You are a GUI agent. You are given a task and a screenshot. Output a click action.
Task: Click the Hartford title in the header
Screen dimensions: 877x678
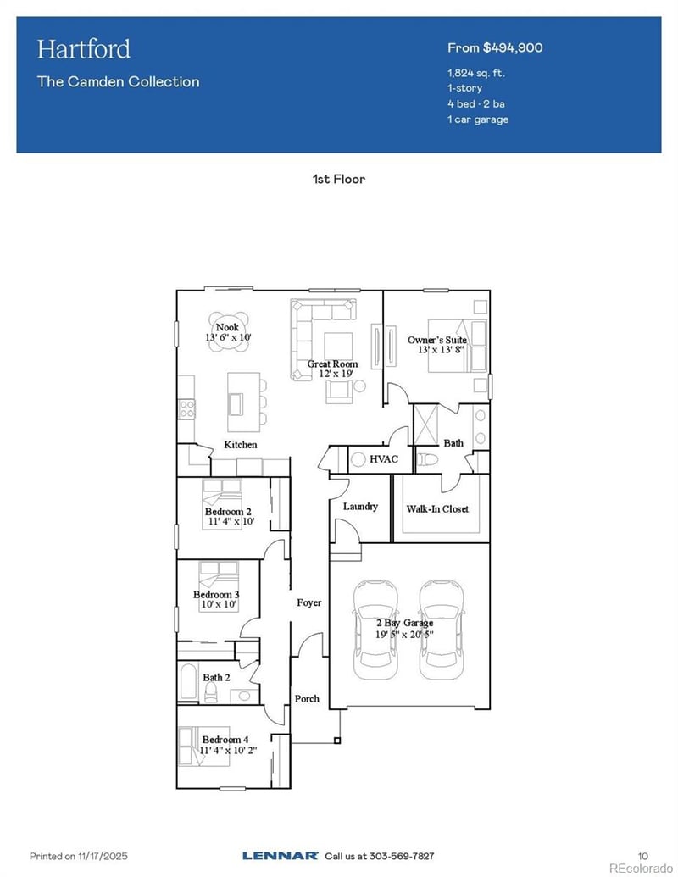[83, 48]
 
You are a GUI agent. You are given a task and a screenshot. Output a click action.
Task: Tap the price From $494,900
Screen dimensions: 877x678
[495, 47]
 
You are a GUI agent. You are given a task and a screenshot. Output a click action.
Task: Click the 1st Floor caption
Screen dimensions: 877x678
[338, 180]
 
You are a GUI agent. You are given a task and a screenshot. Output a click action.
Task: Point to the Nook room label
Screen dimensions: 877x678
[227, 327]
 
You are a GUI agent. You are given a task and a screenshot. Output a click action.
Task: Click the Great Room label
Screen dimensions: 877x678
[332, 364]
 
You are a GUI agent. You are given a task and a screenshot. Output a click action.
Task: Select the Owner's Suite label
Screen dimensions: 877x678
[436, 340]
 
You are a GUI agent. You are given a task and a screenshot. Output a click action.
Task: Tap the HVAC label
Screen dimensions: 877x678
[383, 458]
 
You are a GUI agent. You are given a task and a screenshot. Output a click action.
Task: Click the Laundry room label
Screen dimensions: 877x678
[360, 506]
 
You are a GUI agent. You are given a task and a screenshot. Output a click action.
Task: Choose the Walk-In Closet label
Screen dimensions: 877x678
[437, 508]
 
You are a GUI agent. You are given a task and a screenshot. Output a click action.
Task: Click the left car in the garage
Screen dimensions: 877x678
[375, 629]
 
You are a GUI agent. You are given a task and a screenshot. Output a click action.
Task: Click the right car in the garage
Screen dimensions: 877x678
[441, 629]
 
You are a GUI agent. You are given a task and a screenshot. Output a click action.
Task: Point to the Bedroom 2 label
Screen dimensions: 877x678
[227, 512]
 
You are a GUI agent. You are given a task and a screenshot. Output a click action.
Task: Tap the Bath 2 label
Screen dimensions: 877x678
[216, 677]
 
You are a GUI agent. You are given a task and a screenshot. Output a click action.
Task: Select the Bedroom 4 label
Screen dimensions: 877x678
[225, 740]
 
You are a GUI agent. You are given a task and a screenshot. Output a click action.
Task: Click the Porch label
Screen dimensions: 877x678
[307, 698]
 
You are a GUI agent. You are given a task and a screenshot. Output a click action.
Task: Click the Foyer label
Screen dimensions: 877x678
[308, 602]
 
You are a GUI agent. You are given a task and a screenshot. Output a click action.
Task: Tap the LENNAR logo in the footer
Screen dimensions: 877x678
[280, 856]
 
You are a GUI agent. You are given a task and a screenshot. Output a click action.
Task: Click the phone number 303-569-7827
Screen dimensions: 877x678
[398, 856]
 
